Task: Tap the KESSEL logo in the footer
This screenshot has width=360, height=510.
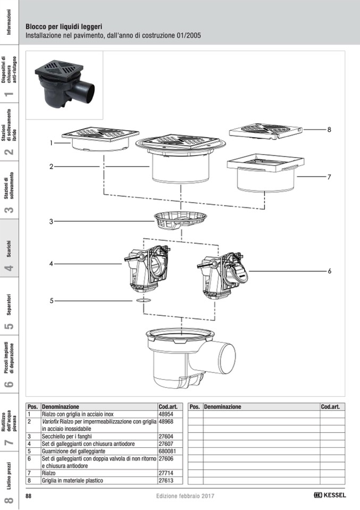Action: coord(330,495)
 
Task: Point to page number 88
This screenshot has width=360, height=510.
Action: coord(29,496)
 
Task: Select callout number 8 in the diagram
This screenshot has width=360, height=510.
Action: coord(329,129)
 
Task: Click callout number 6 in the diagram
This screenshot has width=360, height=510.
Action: coord(329,271)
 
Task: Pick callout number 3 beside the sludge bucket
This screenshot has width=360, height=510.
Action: coord(52,221)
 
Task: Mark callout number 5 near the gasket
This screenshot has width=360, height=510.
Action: coord(52,300)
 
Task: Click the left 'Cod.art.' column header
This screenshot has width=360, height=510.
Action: coord(170,406)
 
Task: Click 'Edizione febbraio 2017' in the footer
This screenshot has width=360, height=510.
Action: coord(185,496)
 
